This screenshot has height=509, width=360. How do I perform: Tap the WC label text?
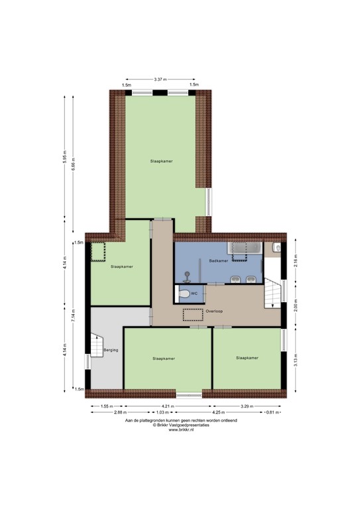[x=194, y=293]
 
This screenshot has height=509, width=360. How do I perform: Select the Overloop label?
[x=213, y=310]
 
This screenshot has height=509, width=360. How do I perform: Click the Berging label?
[x=111, y=350]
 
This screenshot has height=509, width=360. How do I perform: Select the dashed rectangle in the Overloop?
[x=193, y=315]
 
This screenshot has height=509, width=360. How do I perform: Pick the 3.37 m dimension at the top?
[x=160, y=79]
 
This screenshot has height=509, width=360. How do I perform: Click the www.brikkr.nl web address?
[x=180, y=430]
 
